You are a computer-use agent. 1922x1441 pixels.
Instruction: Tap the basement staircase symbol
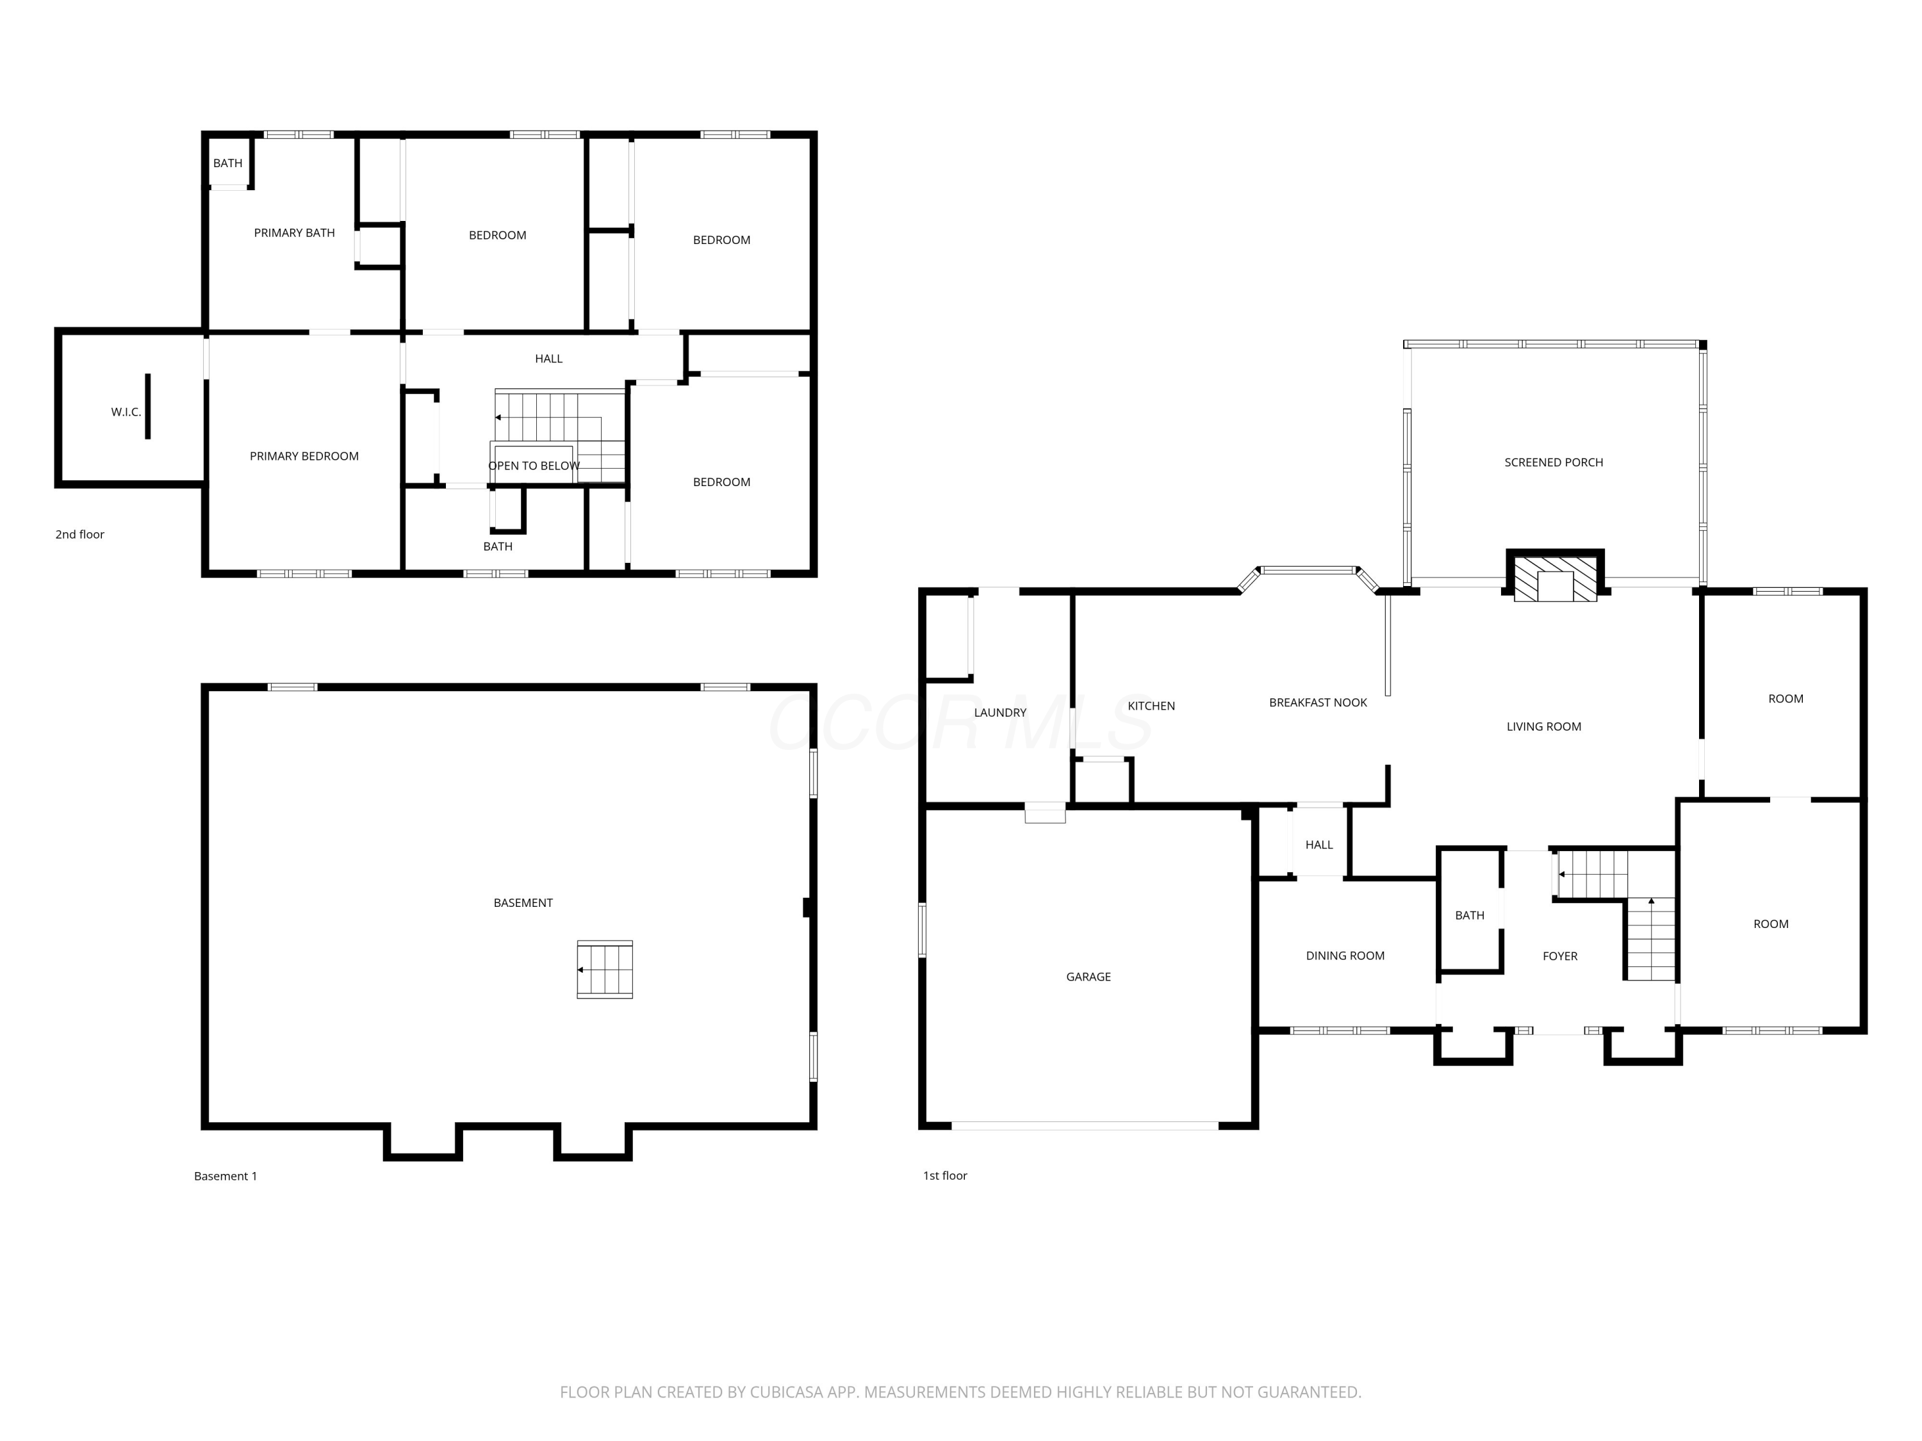pos(605,970)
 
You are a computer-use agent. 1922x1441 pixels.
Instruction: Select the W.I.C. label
pos(126,412)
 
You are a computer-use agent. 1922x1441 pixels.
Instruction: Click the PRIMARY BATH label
pos(295,232)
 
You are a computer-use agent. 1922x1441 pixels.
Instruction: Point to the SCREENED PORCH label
pos(1554,462)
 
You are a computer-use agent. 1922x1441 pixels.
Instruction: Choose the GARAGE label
pos(1088,976)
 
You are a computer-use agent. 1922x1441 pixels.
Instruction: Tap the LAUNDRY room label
pos(1000,712)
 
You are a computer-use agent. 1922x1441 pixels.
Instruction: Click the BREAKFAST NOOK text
pos(1318,703)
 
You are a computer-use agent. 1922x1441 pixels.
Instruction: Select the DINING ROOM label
pos(1345,956)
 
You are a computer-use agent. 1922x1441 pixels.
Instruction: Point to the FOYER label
pos(1559,956)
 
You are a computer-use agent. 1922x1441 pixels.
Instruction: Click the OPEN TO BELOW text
pos(534,466)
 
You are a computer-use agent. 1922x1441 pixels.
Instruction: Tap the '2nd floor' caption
pos(80,534)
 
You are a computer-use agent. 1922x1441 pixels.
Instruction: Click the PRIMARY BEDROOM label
pos(304,456)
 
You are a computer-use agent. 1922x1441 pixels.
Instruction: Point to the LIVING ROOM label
pos(1544,726)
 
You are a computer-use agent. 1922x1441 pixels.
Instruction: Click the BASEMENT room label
pos(523,902)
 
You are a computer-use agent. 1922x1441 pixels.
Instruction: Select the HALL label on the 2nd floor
pos(548,359)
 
